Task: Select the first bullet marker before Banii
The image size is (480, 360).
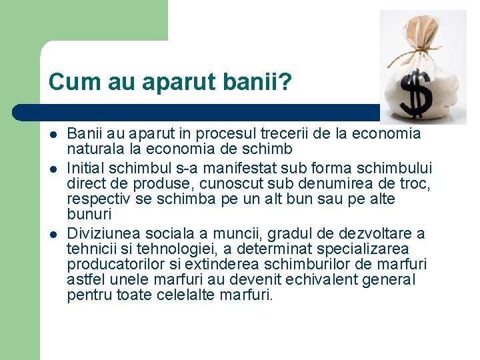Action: pyautogui.click(x=53, y=134)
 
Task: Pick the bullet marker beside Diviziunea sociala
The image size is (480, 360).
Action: pyautogui.click(x=53, y=233)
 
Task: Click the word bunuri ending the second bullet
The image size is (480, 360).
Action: pyautogui.click(x=89, y=215)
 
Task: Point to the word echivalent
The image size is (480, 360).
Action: pyautogui.click(x=323, y=280)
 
